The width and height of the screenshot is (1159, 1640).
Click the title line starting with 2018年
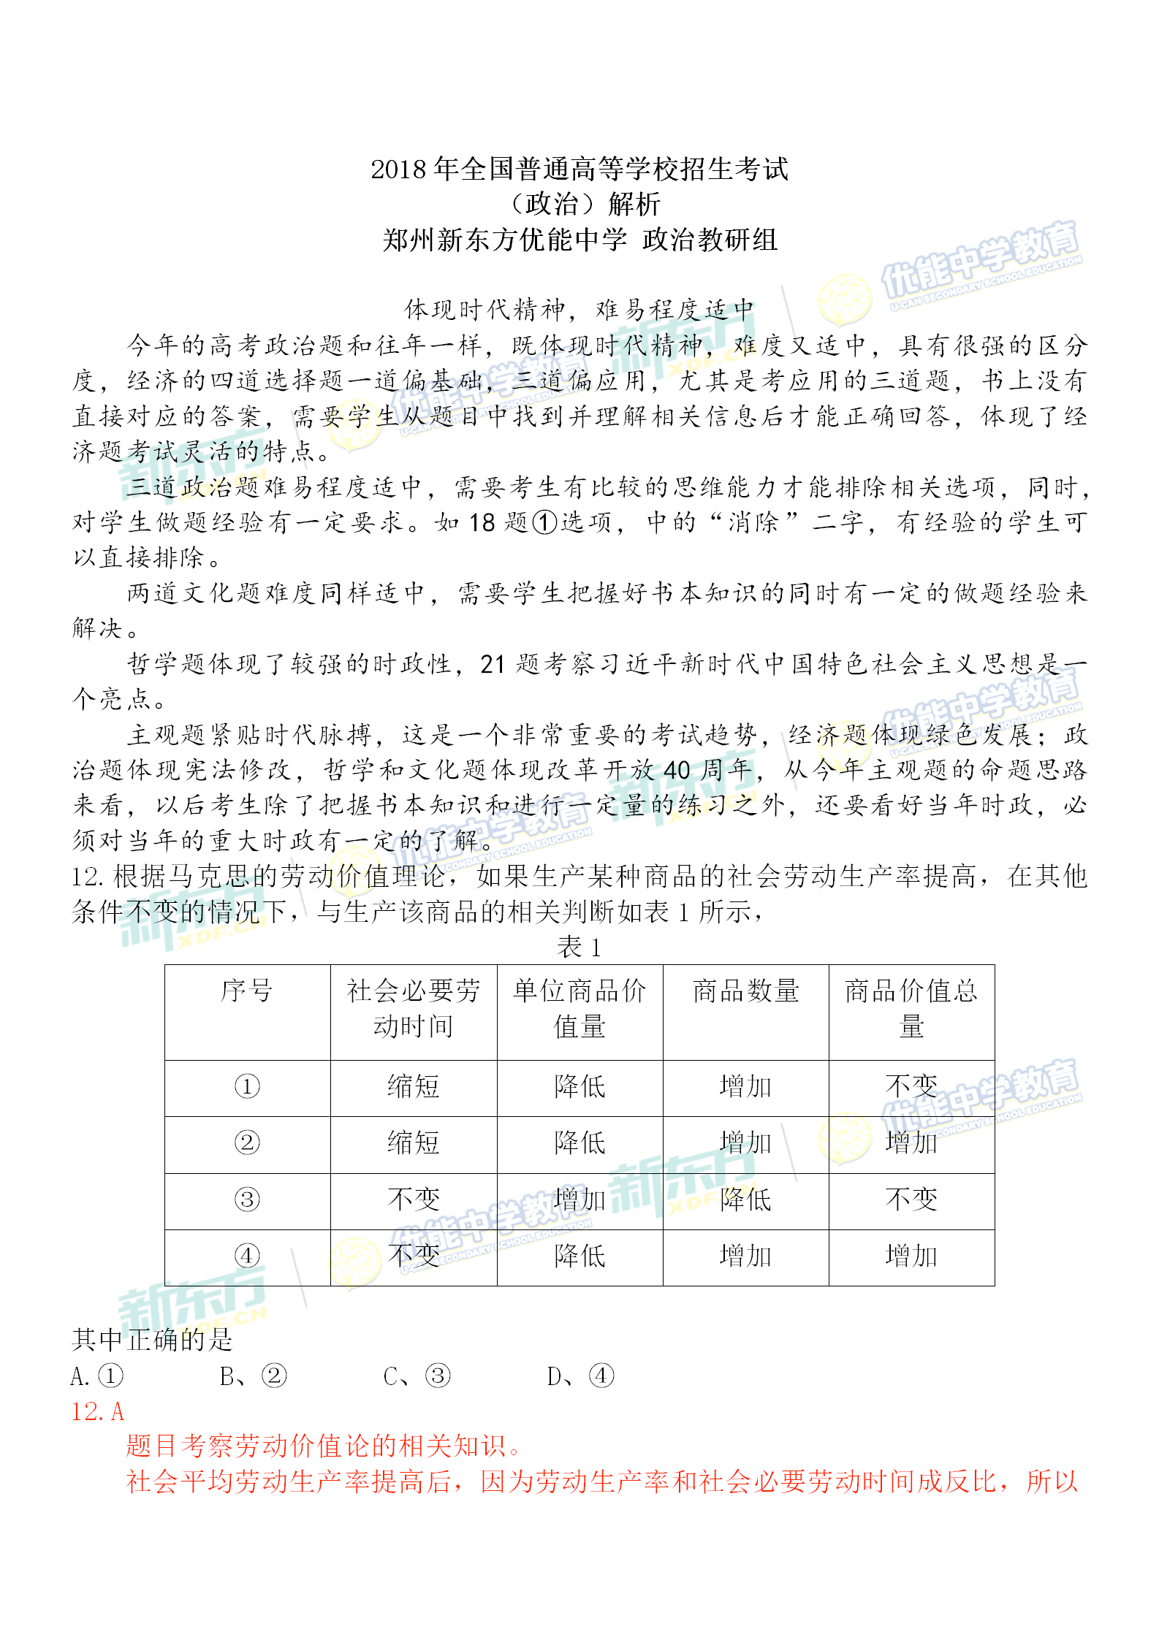[579, 169]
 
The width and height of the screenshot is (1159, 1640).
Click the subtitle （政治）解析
[579, 205]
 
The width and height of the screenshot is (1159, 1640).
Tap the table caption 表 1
[579, 947]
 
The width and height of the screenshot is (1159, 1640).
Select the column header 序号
[247, 991]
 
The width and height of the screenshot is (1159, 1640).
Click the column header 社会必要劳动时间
[414, 1009]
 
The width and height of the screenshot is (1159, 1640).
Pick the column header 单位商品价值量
[579, 1009]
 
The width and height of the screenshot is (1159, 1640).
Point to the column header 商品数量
[745, 991]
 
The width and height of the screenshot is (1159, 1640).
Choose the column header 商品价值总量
[911, 1009]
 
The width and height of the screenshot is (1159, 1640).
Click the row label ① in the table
[247, 1086]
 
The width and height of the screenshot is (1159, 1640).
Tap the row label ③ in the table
[247, 1200]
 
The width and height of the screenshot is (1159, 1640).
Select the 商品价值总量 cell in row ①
[911, 1086]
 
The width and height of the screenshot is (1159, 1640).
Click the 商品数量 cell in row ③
[745, 1200]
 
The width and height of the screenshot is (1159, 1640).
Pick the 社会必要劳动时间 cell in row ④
[414, 1256]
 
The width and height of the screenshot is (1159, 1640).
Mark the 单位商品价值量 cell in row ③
[579, 1200]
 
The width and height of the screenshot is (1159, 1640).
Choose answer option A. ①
[97, 1376]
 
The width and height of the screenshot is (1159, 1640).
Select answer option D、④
[580, 1376]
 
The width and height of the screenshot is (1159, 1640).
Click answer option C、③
[417, 1376]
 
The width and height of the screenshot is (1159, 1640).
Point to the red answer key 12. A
[97, 1411]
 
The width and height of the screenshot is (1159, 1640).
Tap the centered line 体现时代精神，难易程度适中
[579, 310]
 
